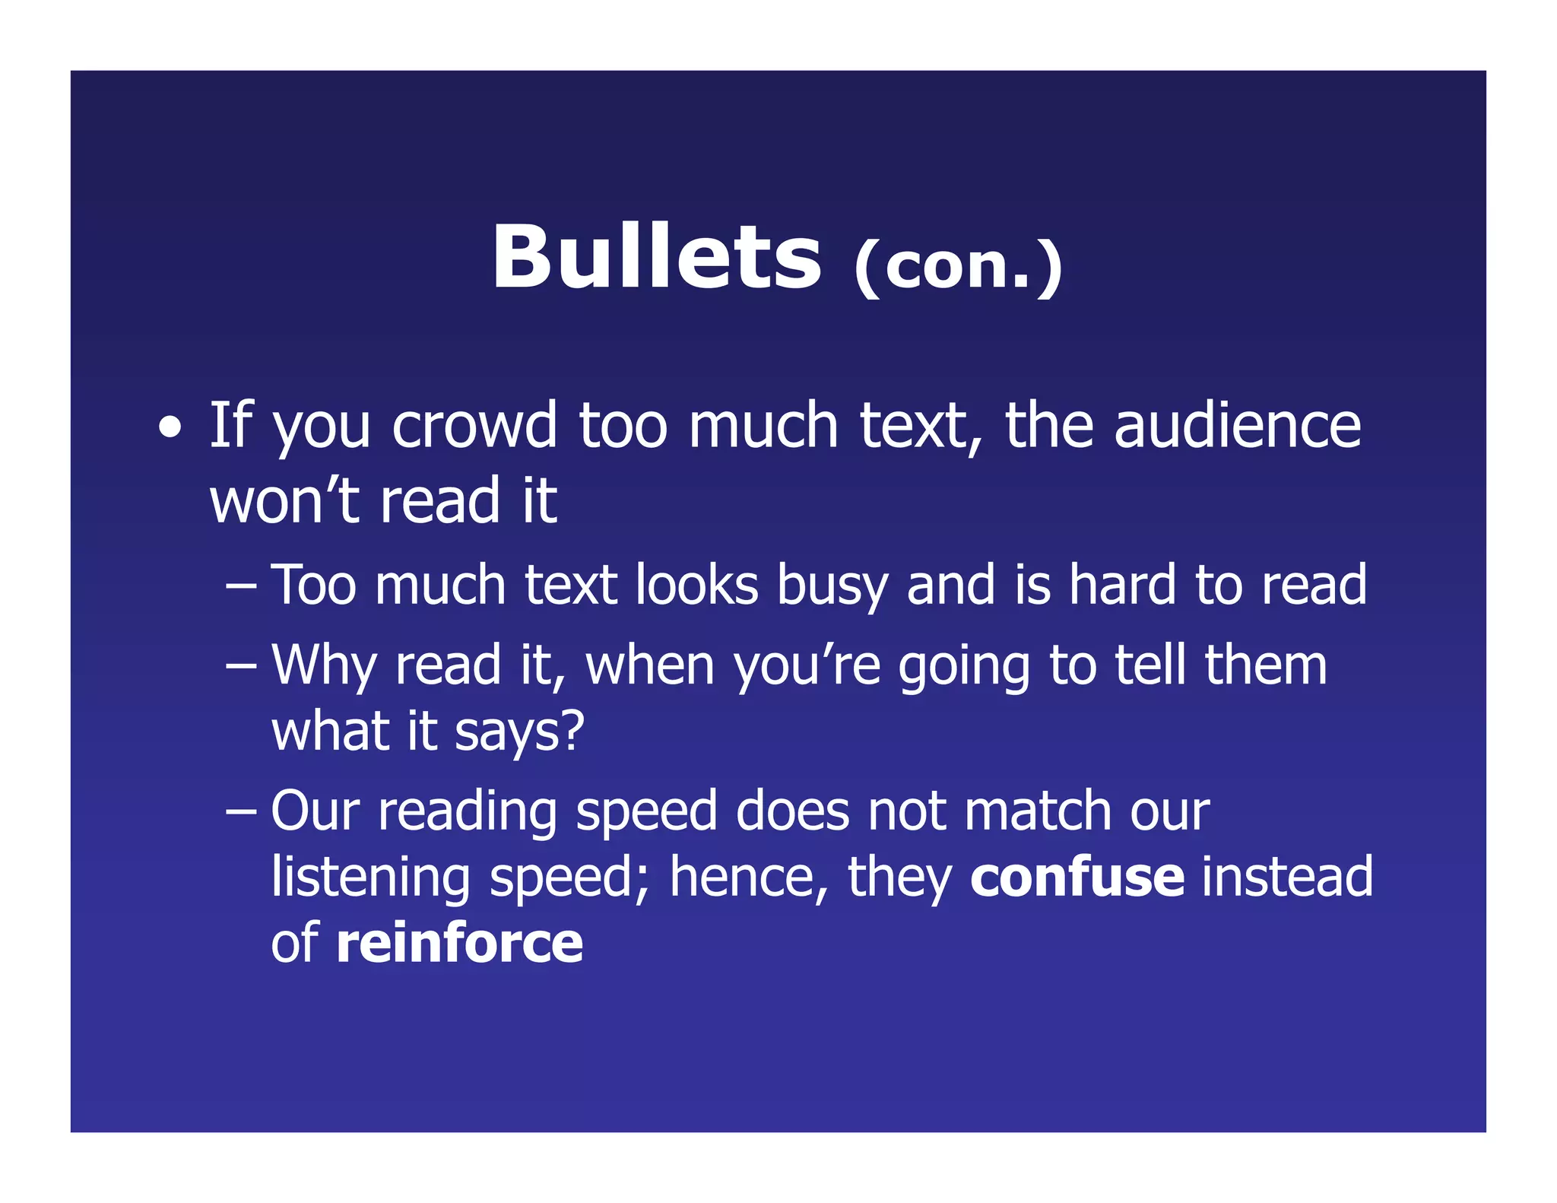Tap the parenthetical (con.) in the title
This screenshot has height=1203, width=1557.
[958, 266]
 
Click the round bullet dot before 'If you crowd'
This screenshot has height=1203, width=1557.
[170, 427]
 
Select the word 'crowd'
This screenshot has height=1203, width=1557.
[474, 426]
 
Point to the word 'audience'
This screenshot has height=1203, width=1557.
[1237, 426]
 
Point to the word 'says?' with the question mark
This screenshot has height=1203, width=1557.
[519, 732]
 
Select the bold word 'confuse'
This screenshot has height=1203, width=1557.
[1077, 878]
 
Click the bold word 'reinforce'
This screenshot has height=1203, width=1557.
[459, 944]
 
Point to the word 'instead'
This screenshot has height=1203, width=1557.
[1287, 878]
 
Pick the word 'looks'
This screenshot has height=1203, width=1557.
[696, 586]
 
